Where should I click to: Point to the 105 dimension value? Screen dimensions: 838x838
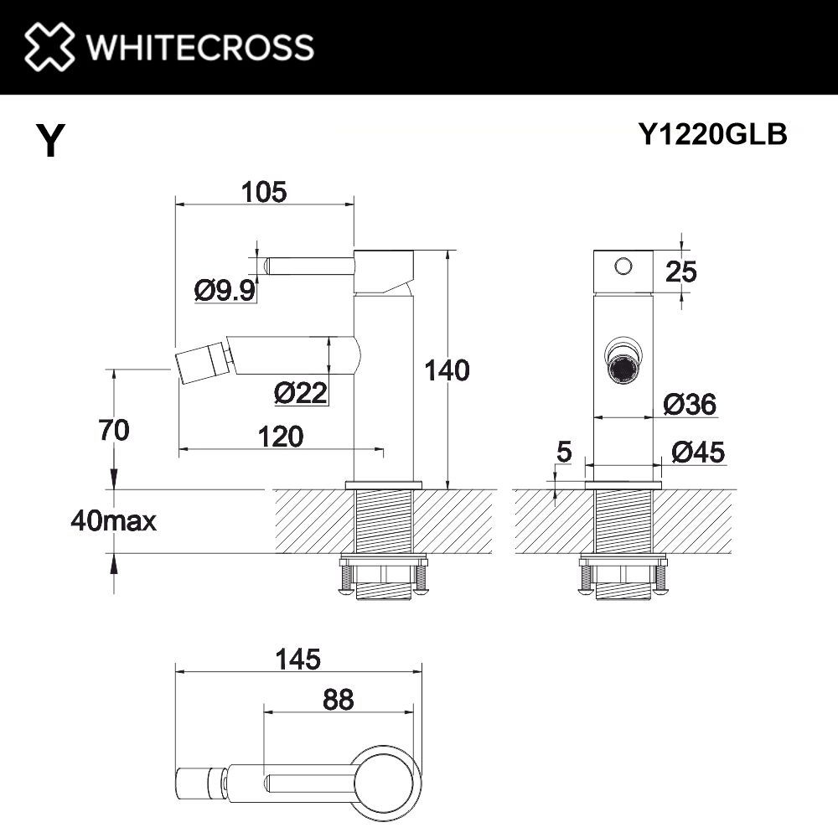tap(264, 192)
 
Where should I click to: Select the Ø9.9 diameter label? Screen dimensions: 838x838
tap(224, 291)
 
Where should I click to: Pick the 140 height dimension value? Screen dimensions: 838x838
tap(447, 370)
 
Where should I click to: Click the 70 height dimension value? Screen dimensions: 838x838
tap(113, 431)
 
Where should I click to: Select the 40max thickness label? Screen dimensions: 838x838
tap(114, 521)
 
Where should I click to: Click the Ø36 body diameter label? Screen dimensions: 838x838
tap(689, 405)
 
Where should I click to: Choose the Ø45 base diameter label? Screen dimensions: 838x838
tap(697, 453)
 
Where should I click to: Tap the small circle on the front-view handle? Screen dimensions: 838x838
tap(622, 266)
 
